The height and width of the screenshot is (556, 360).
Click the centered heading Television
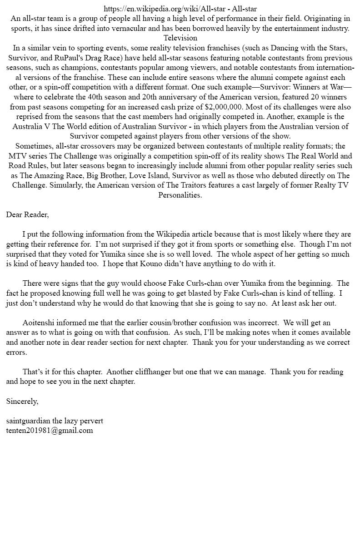pyautogui.click(x=180, y=38)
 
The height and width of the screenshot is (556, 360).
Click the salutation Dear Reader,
pyautogui.click(x=27, y=214)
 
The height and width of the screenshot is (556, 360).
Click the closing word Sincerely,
pyautogui.click(x=22, y=401)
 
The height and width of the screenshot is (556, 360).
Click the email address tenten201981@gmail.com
pyautogui.click(x=50, y=430)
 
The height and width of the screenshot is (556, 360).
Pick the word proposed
pyautogui.click(x=42, y=293)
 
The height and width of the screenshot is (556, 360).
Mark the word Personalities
pyautogui.click(x=180, y=195)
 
